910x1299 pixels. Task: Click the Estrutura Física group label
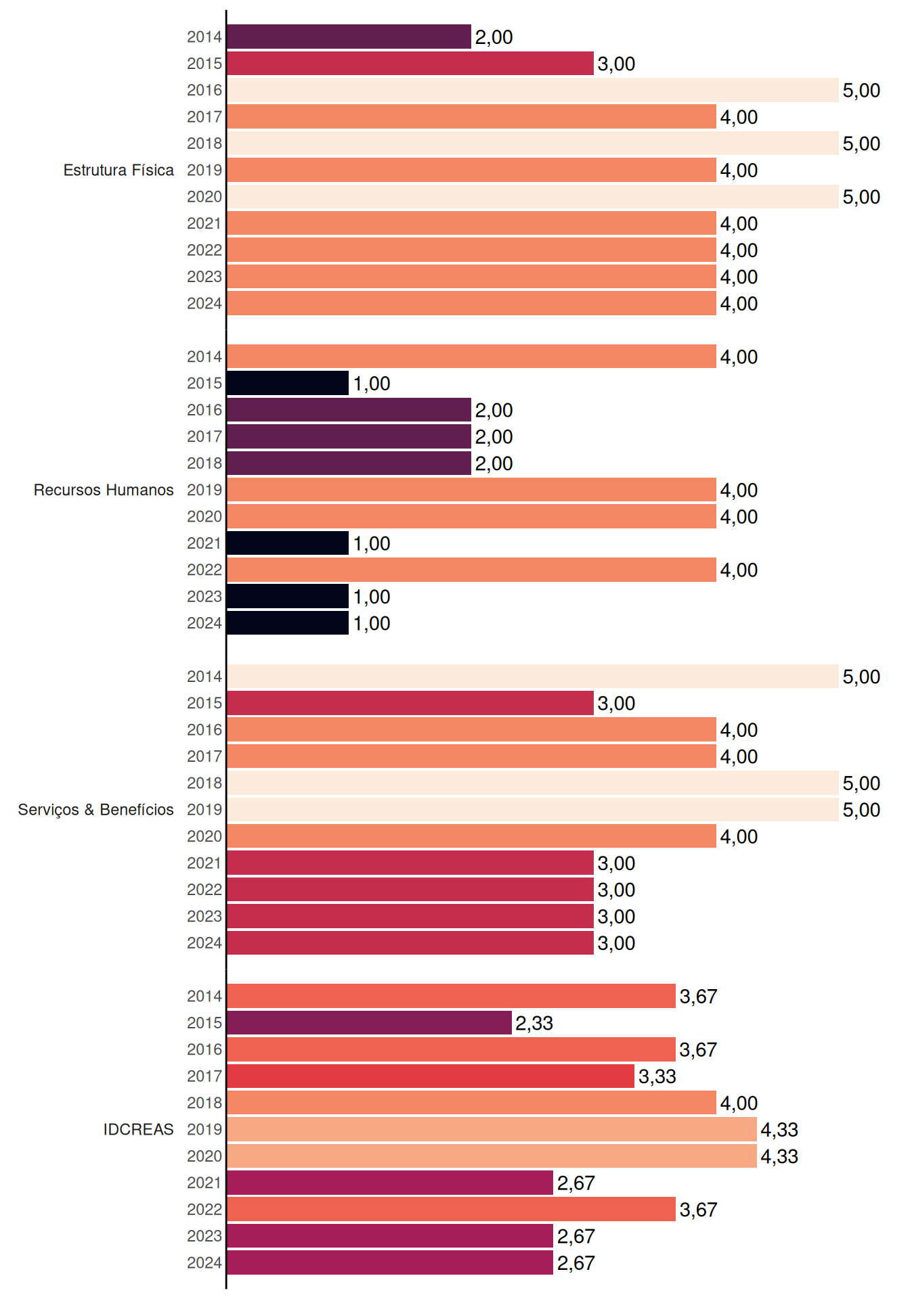pyautogui.click(x=118, y=170)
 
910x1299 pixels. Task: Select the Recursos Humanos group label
pyautogui.click(x=104, y=490)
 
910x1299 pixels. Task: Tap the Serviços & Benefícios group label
pyautogui.click(x=95, y=810)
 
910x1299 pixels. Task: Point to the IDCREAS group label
pyautogui.click(x=139, y=1129)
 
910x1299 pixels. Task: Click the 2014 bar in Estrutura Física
pyautogui.click(x=349, y=37)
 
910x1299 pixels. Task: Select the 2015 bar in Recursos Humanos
pyautogui.click(x=288, y=383)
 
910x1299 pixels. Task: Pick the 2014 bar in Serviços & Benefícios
pyautogui.click(x=533, y=676)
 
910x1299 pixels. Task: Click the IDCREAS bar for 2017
pyautogui.click(x=431, y=1076)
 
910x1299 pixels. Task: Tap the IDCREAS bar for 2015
pyautogui.click(x=369, y=1022)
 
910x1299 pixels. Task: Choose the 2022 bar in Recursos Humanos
pyautogui.click(x=471, y=570)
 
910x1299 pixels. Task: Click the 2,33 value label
pyautogui.click(x=534, y=1023)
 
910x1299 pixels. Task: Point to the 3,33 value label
pyautogui.click(x=657, y=1076)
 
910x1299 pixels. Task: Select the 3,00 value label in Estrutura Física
pyautogui.click(x=616, y=64)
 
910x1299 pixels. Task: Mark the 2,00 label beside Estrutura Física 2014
pyautogui.click(x=494, y=37)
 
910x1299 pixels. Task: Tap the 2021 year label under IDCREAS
pyautogui.click(x=204, y=1183)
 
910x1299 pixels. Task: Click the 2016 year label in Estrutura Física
pyautogui.click(x=204, y=90)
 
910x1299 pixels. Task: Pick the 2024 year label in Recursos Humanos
pyautogui.click(x=204, y=623)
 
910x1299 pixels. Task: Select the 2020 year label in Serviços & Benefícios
pyautogui.click(x=204, y=836)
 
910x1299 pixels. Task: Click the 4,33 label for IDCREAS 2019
pyautogui.click(x=779, y=1130)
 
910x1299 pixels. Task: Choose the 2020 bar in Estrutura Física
pyautogui.click(x=533, y=196)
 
